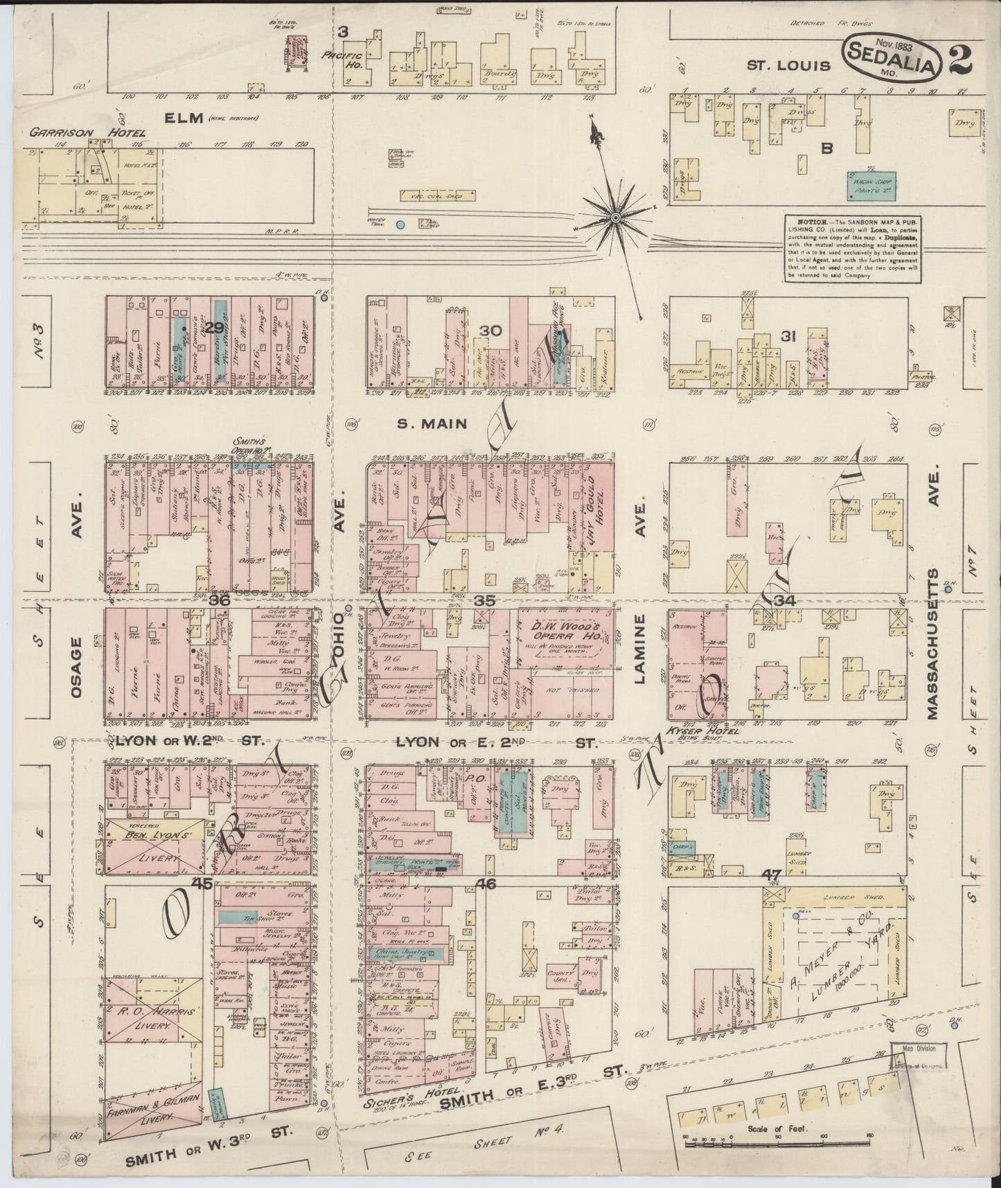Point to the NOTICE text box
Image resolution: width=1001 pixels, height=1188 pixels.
(852, 248)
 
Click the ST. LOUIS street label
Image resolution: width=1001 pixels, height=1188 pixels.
(788, 66)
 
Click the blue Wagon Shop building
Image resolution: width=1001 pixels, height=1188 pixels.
(870, 183)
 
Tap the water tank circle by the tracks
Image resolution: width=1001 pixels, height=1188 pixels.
(400, 225)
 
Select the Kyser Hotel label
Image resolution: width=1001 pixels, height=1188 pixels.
(695, 732)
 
